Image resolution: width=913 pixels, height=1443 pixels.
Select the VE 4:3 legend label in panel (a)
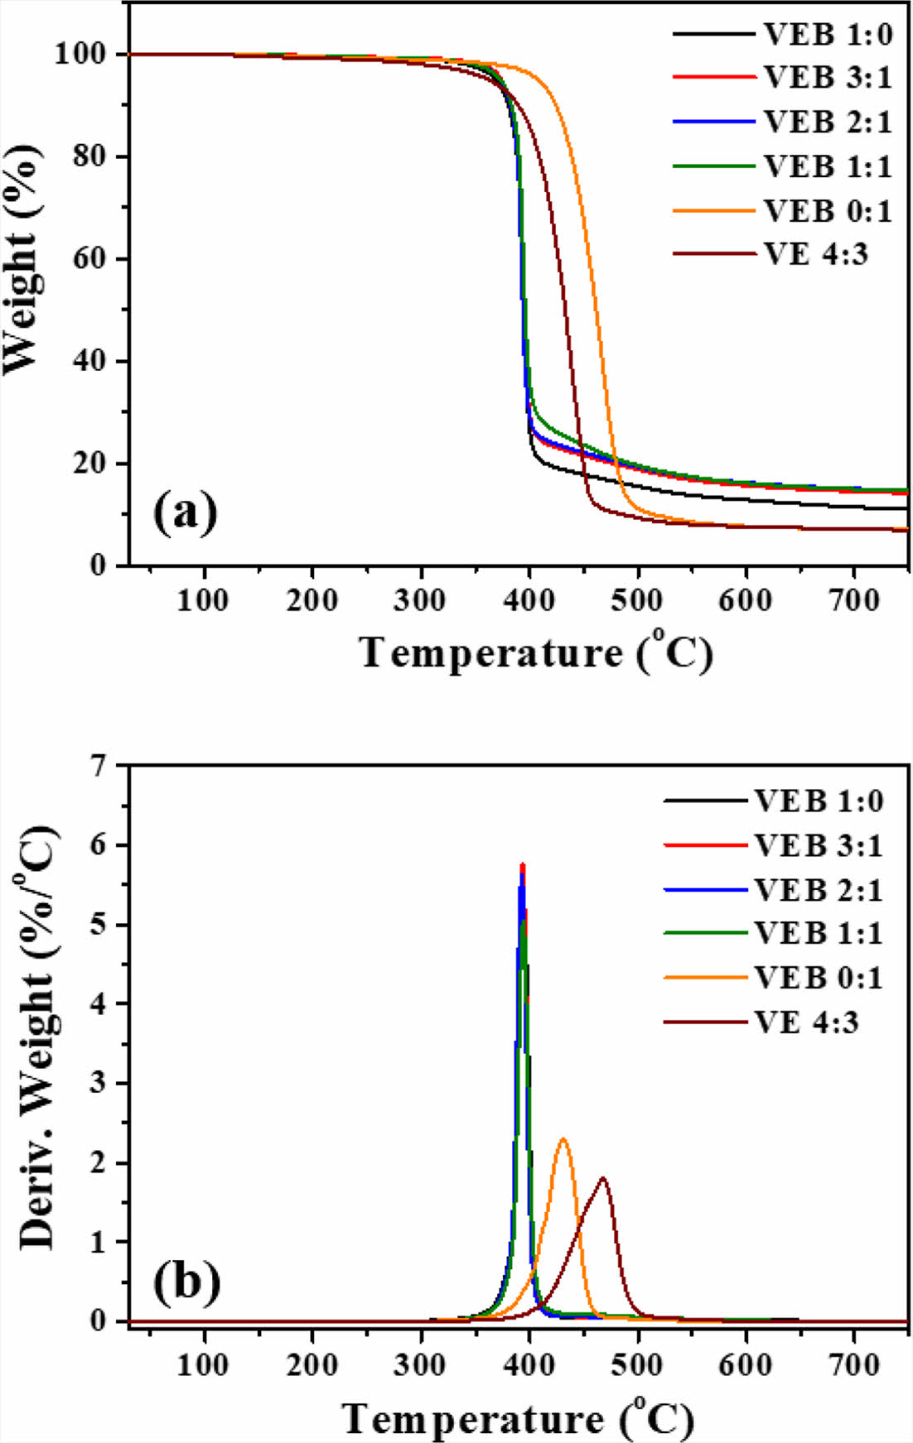815,254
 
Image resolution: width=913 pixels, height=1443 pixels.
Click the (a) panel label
186,513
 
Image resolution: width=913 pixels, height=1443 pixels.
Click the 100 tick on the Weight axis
80,55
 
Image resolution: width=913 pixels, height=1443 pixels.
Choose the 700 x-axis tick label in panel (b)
854,1364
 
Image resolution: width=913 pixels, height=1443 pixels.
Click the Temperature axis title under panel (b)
519,1419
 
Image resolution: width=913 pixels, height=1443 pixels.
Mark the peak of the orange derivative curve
563,1140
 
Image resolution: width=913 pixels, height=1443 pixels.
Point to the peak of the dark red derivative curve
602,1178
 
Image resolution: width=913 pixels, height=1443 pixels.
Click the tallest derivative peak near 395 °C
523,864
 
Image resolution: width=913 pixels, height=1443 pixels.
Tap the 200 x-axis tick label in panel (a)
312,599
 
